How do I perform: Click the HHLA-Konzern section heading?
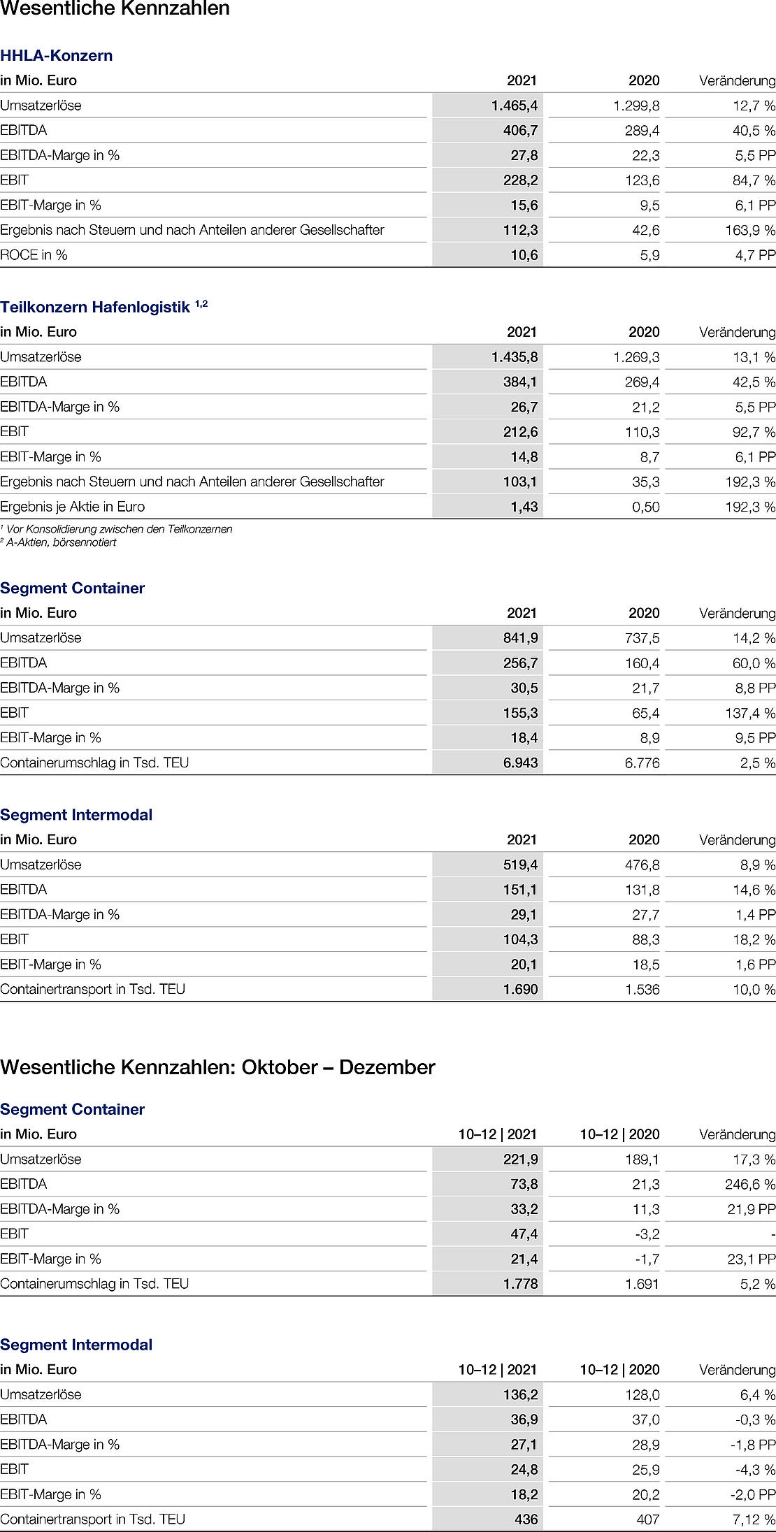[x=57, y=56]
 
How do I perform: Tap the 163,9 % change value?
[x=749, y=230]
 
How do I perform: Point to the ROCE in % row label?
[x=34, y=255]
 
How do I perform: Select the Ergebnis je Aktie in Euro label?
[x=73, y=507]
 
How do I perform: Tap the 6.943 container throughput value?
[x=521, y=763]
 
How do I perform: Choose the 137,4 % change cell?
[x=749, y=713]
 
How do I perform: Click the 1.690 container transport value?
[x=521, y=989]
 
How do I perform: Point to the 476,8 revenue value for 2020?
[x=642, y=865]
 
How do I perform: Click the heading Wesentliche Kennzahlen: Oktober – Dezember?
[x=217, y=1067]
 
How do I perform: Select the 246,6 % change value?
[x=749, y=1184]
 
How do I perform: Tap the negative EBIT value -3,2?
[x=646, y=1234]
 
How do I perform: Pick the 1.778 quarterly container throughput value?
[x=521, y=1283]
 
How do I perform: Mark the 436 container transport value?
[x=526, y=1519]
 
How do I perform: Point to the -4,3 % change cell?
[x=755, y=1469]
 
